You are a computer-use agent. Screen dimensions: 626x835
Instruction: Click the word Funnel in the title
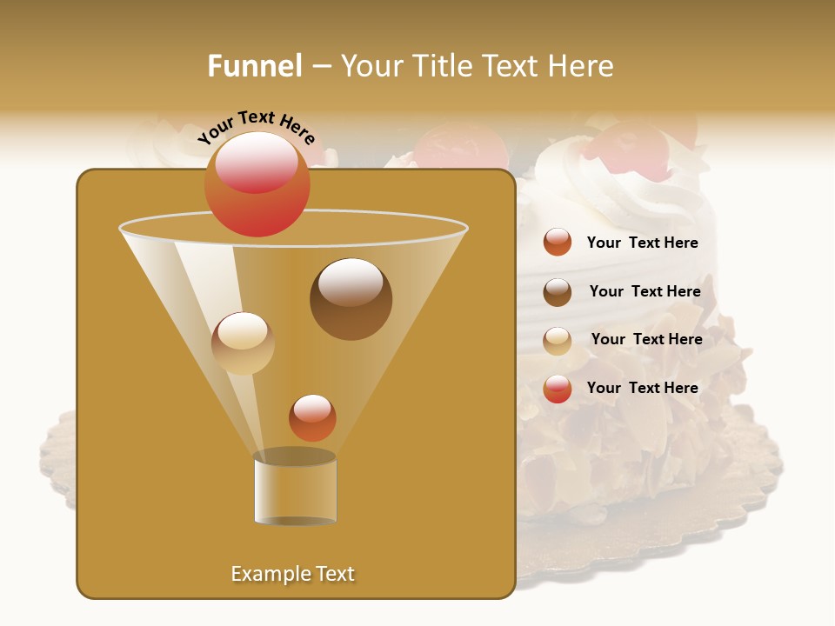(254, 66)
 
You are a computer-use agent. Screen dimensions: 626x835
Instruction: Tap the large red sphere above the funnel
(257, 183)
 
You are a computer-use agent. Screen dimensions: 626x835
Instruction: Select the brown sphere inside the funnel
(351, 299)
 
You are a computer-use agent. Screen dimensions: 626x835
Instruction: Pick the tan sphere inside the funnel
(243, 343)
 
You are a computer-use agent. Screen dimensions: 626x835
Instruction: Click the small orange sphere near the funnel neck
(312, 418)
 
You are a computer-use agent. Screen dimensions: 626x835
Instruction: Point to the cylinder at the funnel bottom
(295, 489)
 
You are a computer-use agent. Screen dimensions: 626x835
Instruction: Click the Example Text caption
(293, 574)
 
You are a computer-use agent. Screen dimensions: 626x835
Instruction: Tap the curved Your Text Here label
(257, 127)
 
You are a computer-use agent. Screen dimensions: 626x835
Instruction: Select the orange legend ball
(558, 243)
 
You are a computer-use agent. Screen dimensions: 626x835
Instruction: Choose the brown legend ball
(558, 292)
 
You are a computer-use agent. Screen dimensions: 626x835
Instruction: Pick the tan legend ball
(558, 341)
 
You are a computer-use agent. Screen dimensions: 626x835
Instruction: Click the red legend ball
(558, 389)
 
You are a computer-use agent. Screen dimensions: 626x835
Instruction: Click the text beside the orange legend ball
(642, 243)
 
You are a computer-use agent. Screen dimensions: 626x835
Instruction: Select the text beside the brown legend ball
(645, 292)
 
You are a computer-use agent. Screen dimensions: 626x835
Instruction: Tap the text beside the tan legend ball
(646, 340)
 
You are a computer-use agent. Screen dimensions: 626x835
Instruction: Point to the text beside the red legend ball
(642, 388)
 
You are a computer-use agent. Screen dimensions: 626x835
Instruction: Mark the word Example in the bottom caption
(264, 574)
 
